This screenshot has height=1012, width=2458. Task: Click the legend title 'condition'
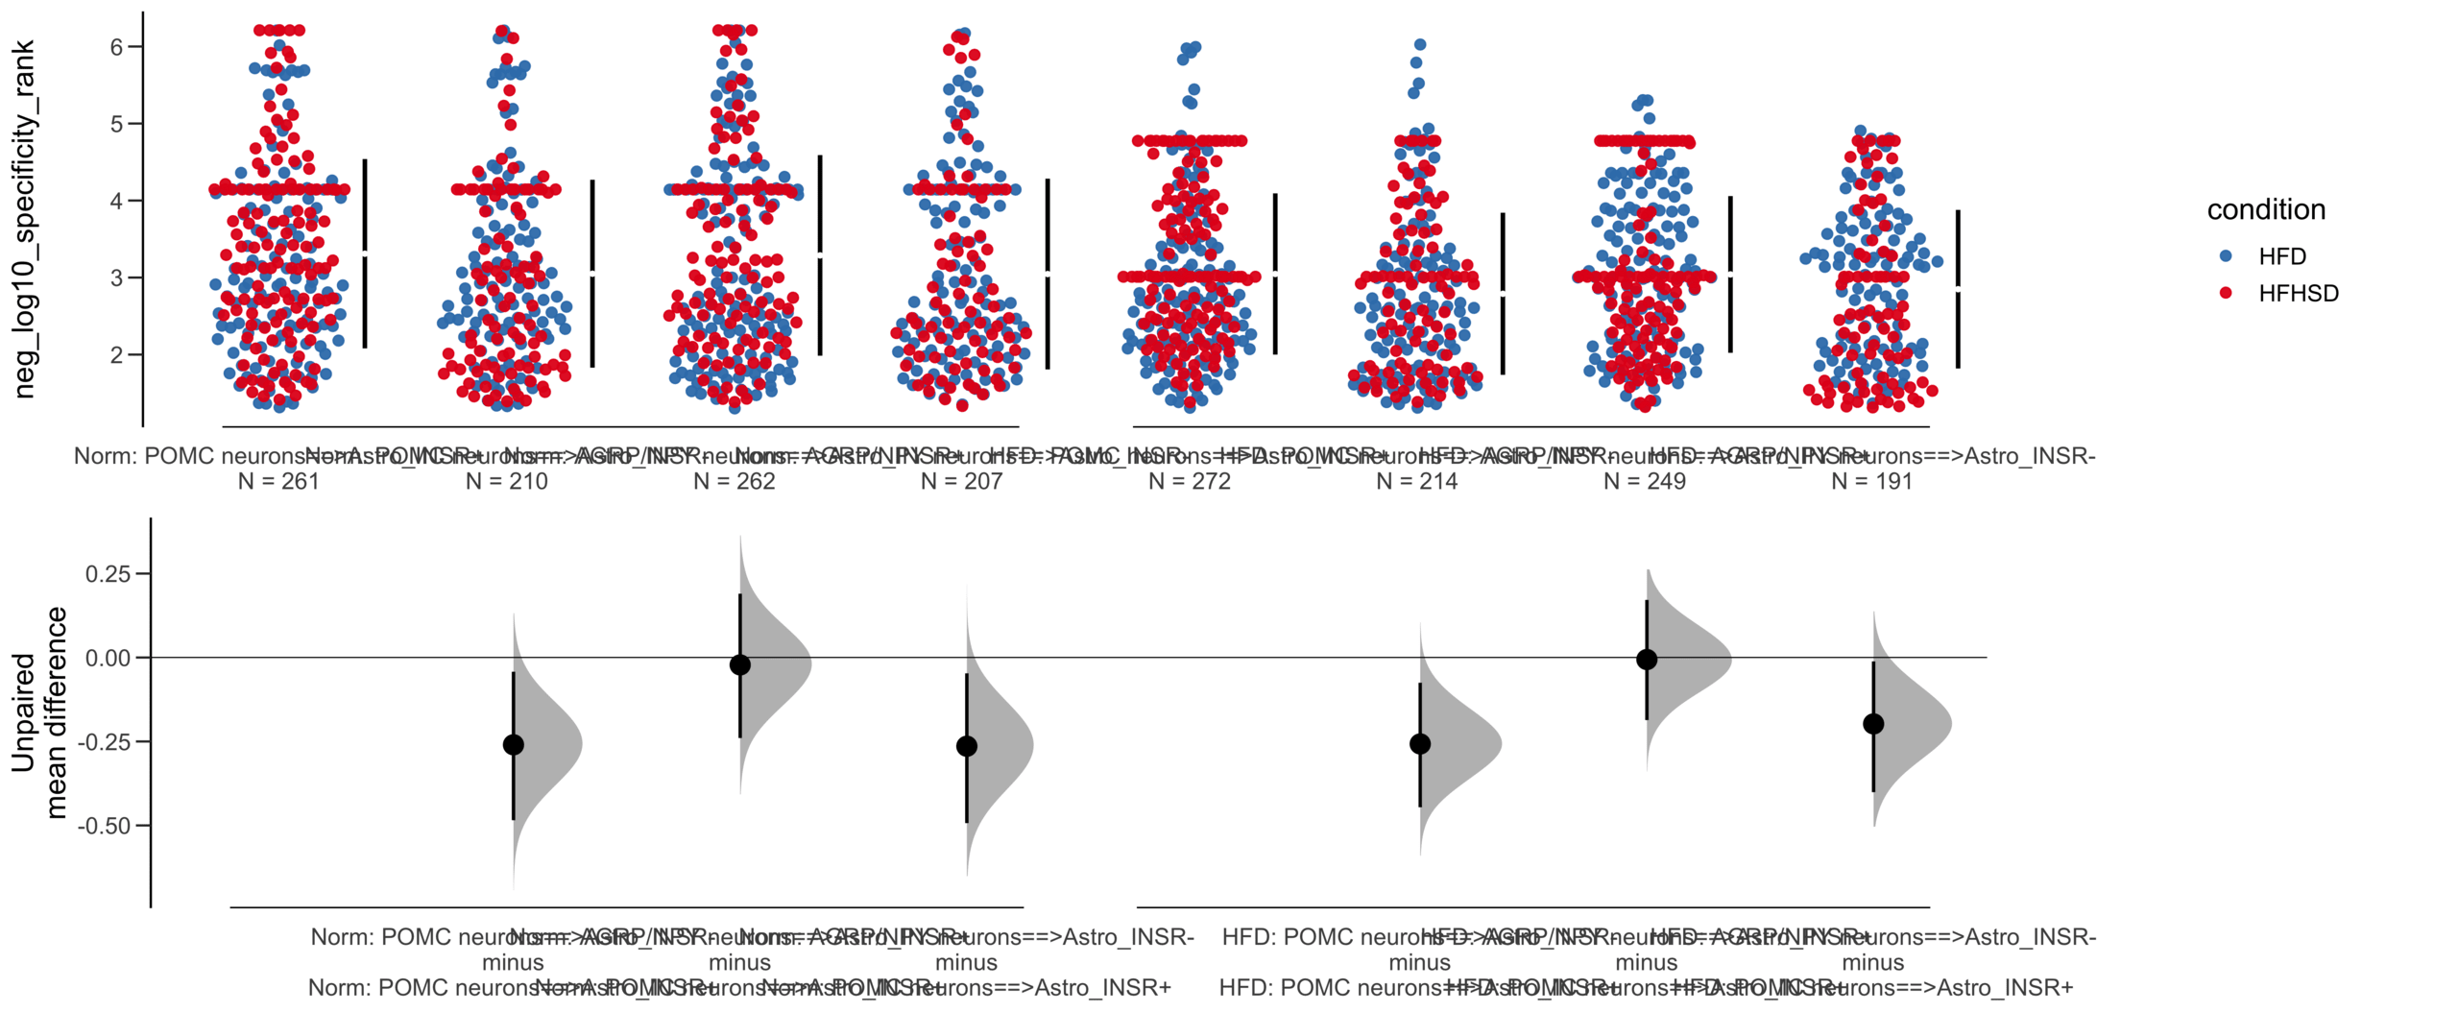(2265, 209)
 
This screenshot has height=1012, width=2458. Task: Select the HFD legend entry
(2281, 256)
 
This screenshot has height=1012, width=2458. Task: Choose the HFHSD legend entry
(2298, 293)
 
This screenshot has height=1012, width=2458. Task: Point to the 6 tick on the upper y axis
(117, 47)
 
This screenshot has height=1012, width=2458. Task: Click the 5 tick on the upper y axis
(117, 124)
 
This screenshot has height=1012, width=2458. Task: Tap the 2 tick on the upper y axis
(117, 354)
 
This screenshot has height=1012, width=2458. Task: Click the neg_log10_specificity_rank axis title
(23, 219)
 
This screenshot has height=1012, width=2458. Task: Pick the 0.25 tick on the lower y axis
(108, 574)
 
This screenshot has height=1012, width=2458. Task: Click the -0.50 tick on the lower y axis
(104, 826)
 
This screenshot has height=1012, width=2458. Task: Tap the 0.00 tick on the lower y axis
(108, 658)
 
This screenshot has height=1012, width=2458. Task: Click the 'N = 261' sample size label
(278, 481)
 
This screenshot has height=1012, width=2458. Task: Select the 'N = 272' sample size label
(1189, 481)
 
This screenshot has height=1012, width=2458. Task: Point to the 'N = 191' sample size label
(1871, 481)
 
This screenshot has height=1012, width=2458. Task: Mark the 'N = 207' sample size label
(961, 481)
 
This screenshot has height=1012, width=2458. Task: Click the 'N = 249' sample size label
(1644, 481)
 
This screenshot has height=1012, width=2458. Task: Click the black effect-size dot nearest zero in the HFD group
(1647, 659)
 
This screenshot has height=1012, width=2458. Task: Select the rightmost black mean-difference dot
(1873, 724)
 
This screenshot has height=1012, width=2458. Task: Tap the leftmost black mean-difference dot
(514, 744)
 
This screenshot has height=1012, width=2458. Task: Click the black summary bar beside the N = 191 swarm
(1958, 288)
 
